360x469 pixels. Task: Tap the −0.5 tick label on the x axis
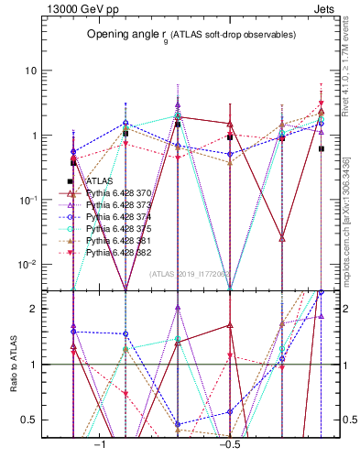[x=228, y=442]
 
